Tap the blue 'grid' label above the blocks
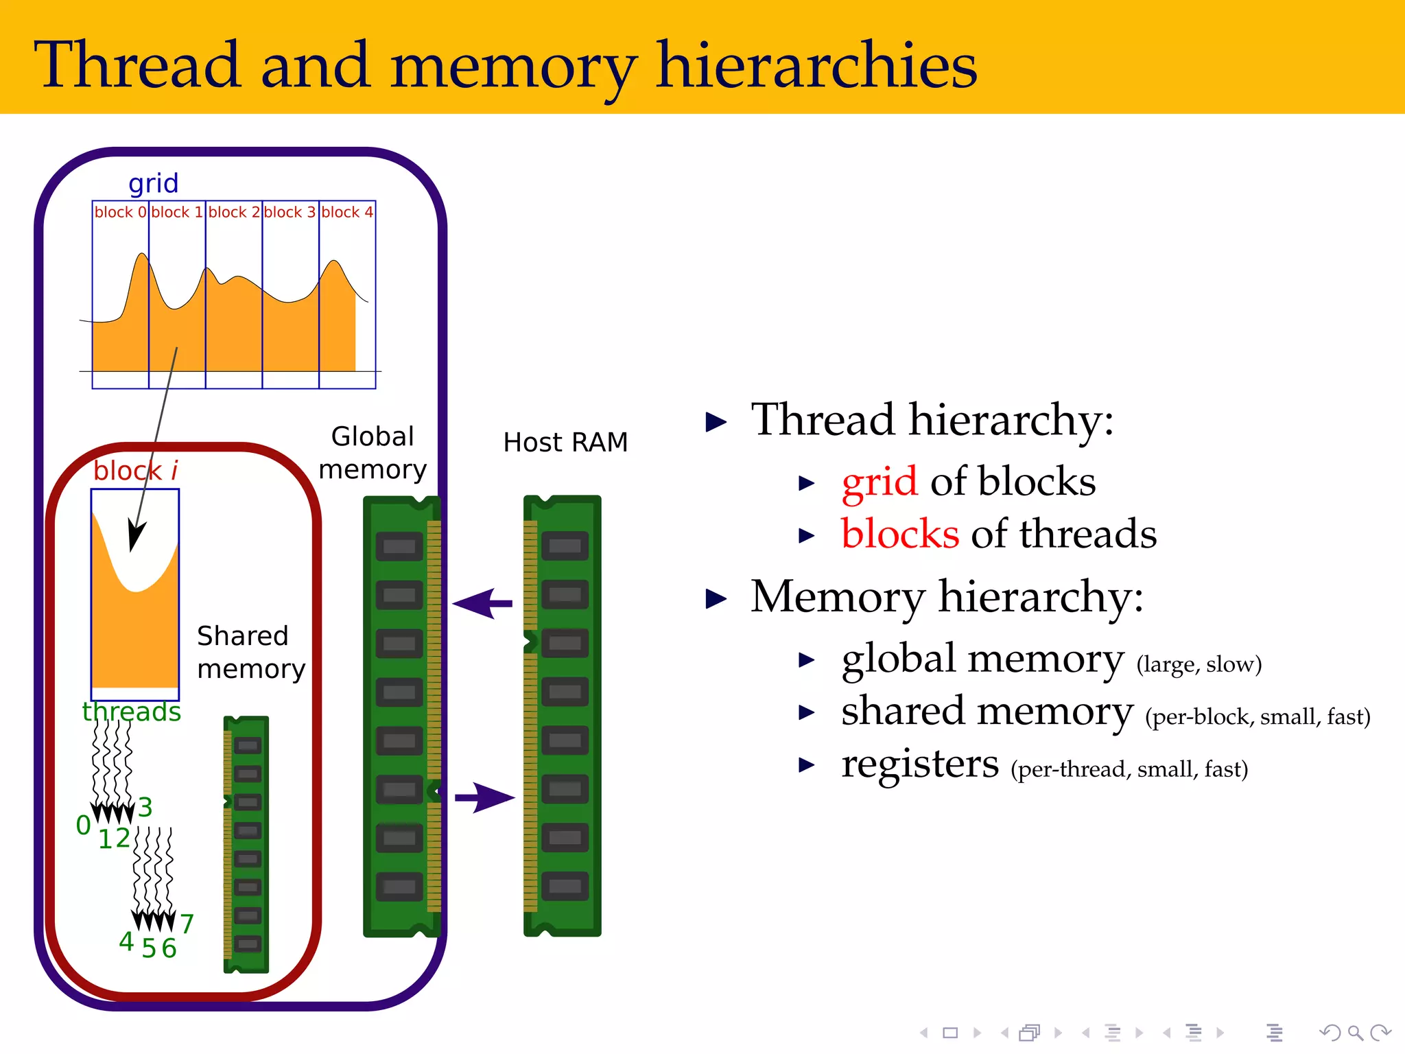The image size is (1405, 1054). (x=153, y=184)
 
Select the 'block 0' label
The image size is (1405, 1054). (x=121, y=212)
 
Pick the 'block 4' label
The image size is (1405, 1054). (x=347, y=212)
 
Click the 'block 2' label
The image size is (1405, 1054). (x=234, y=212)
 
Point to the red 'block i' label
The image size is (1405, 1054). (x=135, y=471)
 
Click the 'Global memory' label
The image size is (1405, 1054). (x=373, y=453)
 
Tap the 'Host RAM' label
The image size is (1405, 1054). (x=565, y=443)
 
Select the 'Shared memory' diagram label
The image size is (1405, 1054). (x=250, y=652)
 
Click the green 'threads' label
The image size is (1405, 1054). (x=132, y=712)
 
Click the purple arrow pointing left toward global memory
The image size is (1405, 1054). (x=483, y=604)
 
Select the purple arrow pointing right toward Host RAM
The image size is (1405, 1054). (x=484, y=797)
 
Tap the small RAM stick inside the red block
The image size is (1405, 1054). (x=246, y=844)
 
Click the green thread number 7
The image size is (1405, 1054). (x=187, y=924)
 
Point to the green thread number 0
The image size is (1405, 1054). (x=83, y=825)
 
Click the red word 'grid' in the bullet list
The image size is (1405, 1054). (x=879, y=482)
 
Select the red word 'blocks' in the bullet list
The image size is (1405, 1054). (x=899, y=534)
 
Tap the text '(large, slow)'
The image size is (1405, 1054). (x=1199, y=664)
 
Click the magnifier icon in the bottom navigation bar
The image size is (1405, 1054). (x=1355, y=1032)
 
